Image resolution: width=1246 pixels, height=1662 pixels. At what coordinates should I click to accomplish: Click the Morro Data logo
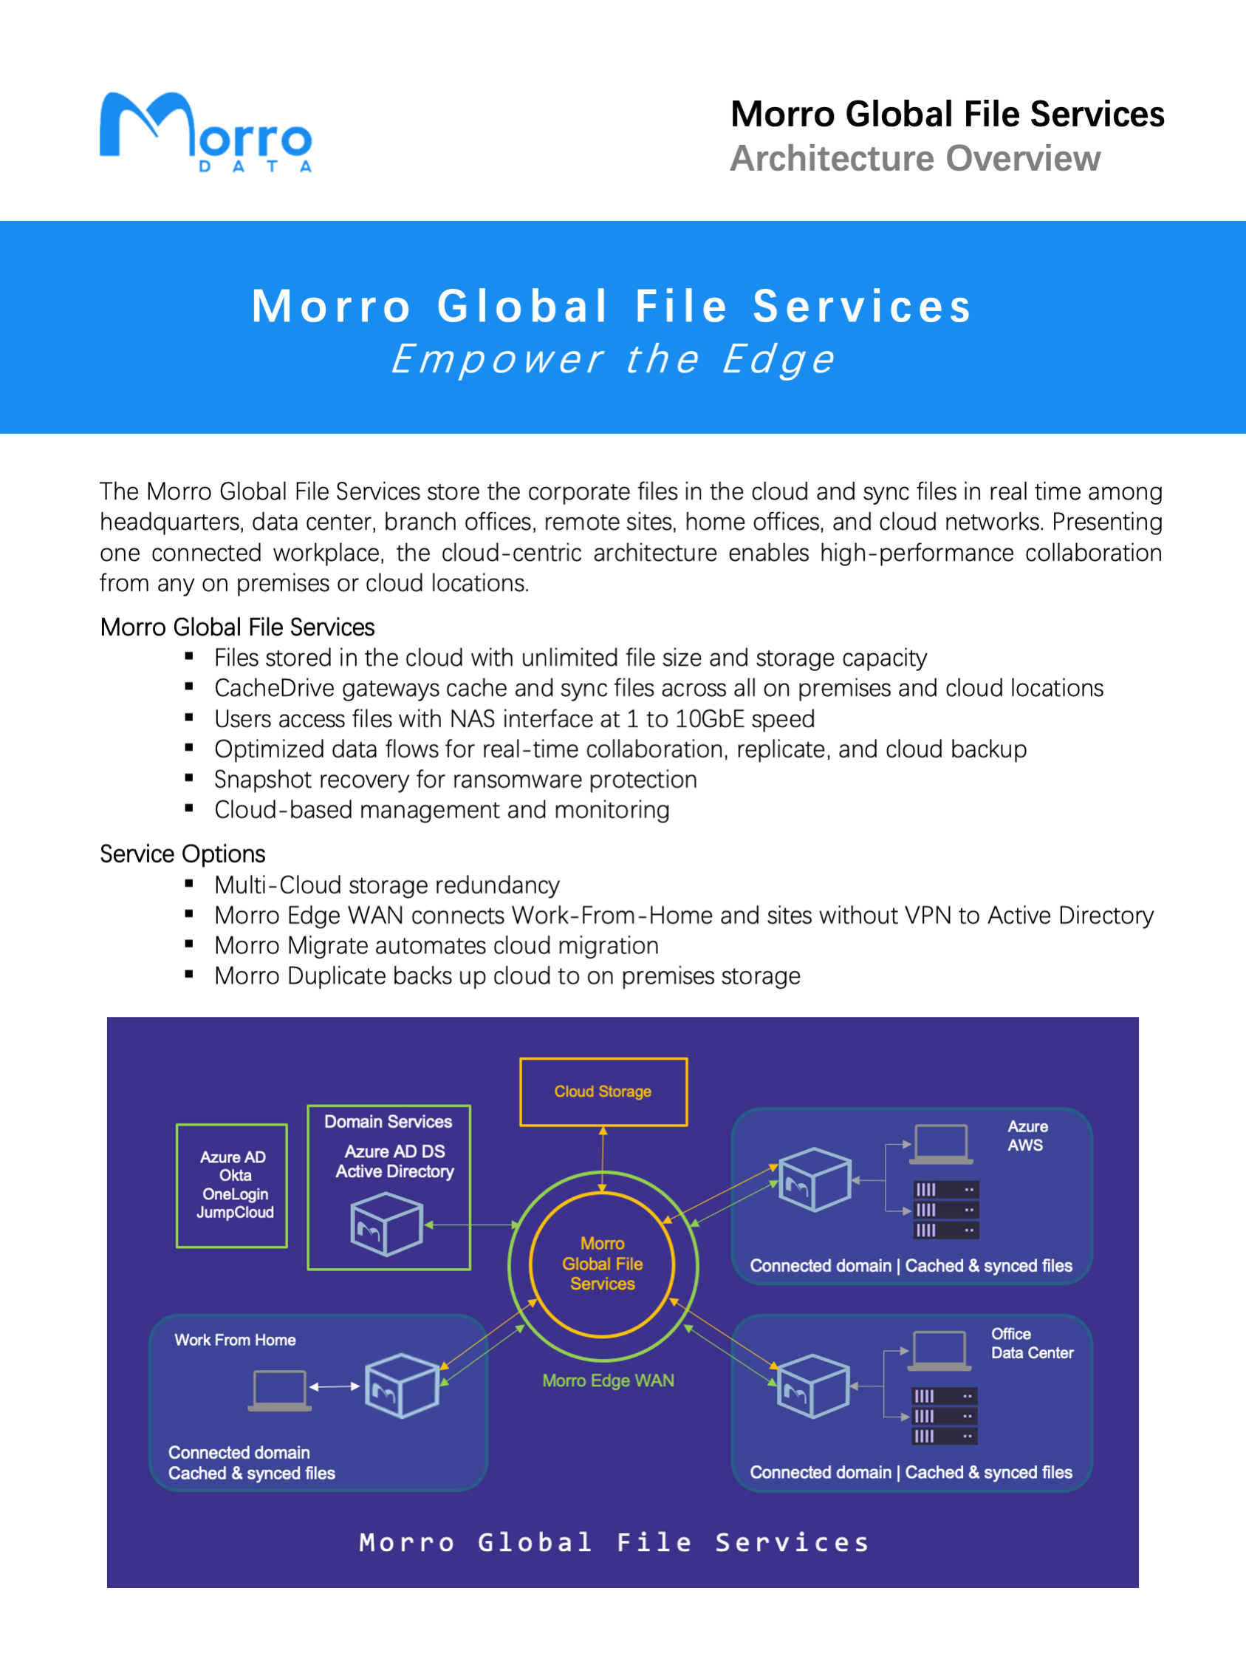[205, 132]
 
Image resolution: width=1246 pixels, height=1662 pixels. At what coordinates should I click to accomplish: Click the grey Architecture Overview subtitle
[915, 159]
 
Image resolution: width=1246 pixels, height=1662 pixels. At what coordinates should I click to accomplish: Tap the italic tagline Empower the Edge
[613, 359]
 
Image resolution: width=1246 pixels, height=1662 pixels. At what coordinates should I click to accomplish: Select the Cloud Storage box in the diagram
[603, 1091]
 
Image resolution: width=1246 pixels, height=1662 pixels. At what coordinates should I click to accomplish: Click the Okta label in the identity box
[235, 1175]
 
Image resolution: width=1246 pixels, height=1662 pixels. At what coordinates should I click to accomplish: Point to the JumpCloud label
[235, 1212]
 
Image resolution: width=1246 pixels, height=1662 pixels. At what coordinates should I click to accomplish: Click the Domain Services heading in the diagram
[388, 1121]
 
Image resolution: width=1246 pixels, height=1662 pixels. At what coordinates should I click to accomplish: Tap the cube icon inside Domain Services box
[386, 1224]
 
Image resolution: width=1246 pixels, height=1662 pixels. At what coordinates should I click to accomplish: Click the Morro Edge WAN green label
[608, 1380]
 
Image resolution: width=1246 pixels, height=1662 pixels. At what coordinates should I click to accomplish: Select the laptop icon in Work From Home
[279, 1391]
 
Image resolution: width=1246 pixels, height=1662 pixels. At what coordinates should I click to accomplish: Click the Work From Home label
[235, 1340]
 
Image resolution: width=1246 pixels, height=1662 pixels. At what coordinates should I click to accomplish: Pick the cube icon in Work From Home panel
[402, 1386]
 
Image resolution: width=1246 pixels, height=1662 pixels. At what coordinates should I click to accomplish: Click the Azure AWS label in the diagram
[1027, 1135]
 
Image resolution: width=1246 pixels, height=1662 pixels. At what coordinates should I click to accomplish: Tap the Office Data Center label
[1031, 1343]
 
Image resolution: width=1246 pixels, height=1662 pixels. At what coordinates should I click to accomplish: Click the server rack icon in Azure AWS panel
[945, 1210]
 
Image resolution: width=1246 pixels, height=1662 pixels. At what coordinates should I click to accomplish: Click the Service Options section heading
[182, 854]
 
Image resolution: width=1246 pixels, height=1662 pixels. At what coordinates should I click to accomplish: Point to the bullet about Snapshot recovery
[455, 779]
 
